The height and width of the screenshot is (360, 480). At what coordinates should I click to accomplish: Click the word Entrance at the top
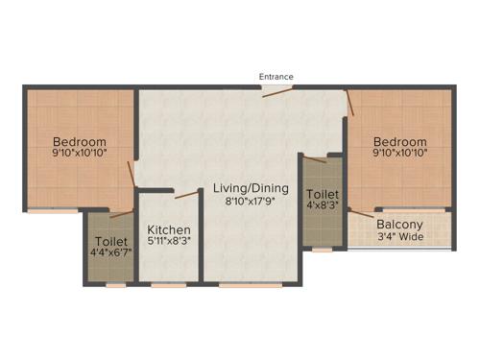276,77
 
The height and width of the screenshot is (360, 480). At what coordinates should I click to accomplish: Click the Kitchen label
168,230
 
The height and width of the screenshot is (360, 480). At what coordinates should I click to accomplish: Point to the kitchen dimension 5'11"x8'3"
168,244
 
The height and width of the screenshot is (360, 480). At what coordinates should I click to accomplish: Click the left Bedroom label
79,141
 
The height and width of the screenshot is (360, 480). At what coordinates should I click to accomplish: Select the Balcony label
399,225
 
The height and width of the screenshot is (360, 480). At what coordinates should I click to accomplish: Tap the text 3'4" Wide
399,237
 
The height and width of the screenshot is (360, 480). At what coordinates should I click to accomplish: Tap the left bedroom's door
132,175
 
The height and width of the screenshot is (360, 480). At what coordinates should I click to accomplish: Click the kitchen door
186,195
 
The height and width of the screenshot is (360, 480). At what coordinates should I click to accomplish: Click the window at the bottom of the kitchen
169,285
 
